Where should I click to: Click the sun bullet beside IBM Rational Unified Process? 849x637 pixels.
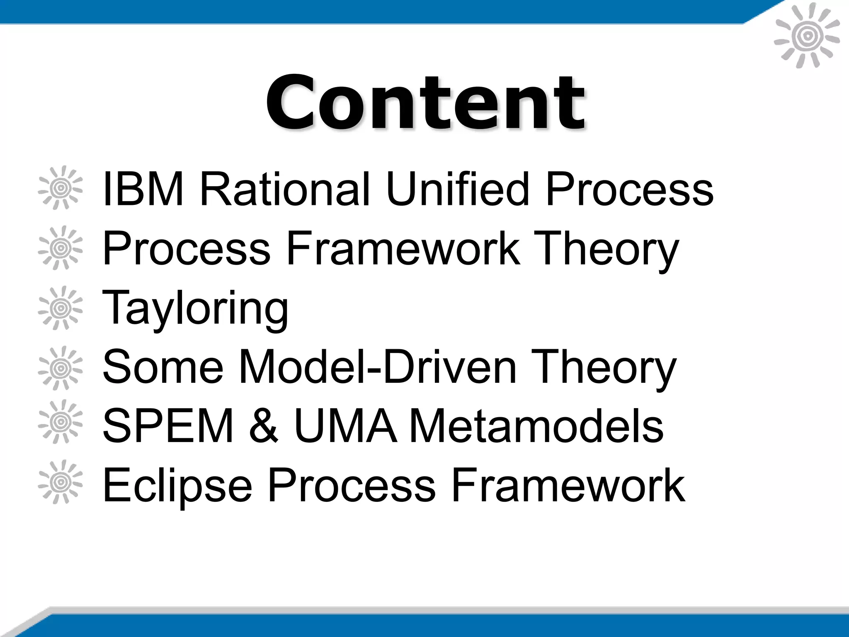pyautogui.click(x=61, y=188)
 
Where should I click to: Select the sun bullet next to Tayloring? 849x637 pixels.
pyautogui.click(x=61, y=308)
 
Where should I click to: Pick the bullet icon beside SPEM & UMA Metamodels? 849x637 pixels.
pyautogui.click(x=61, y=422)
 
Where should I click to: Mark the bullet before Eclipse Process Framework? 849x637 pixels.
pyautogui.click(x=61, y=482)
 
